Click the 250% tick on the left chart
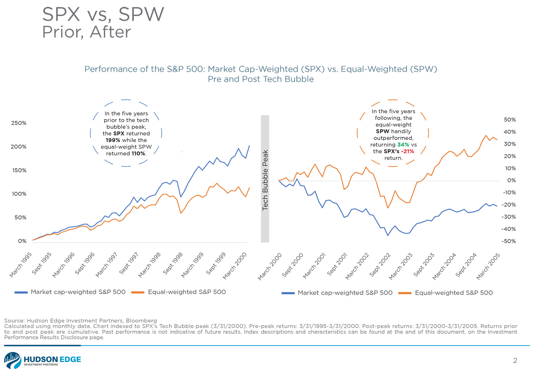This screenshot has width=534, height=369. click(19, 123)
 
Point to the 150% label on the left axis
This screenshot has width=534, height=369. click(19, 170)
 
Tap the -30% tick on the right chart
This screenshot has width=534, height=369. click(508, 217)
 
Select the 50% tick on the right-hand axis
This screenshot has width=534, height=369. click(510, 120)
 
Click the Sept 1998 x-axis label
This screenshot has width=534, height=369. click(173, 263)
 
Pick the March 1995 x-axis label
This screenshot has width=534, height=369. click(21, 265)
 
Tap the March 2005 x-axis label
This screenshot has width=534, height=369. click(488, 266)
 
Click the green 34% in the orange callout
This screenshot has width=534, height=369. click(403, 145)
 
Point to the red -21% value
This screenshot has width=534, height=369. click(407, 151)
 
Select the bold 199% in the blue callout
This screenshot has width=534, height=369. click(113, 140)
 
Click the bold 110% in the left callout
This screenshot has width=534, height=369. click(138, 154)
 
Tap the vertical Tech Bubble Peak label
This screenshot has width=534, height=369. click(265, 180)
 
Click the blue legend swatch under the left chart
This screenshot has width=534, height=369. click(21, 292)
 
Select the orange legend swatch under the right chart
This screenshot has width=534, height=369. click(405, 293)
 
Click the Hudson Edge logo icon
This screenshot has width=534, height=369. click(12, 360)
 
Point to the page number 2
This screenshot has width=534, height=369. click(515, 360)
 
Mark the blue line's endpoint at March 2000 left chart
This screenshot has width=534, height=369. click(249, 145)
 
